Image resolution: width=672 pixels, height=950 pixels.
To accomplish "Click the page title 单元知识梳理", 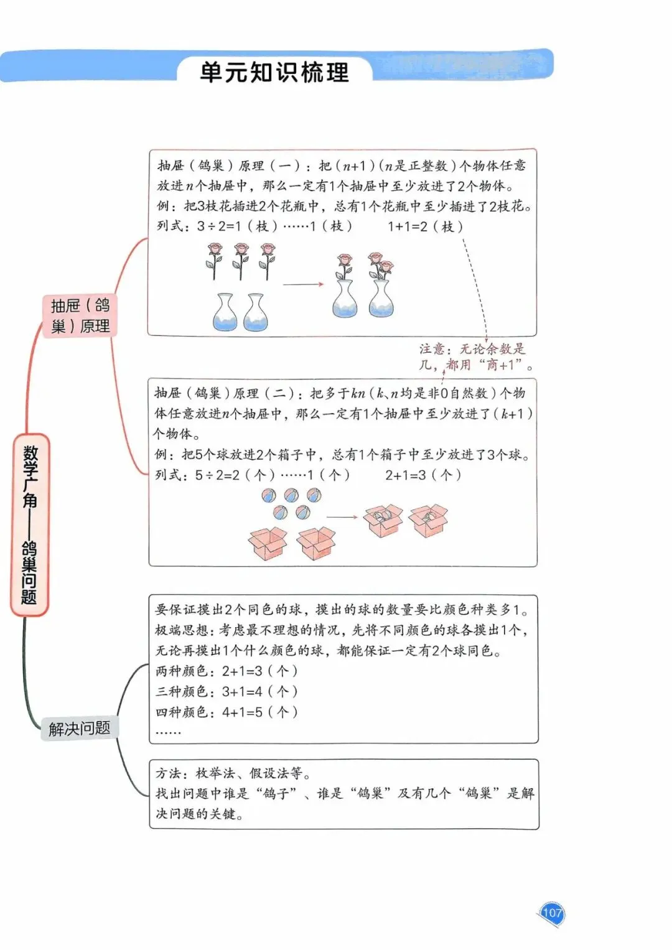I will pyautogui.click(x=274, y=72).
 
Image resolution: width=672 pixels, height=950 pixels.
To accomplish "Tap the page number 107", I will pyautogui.click(x=552, y=913).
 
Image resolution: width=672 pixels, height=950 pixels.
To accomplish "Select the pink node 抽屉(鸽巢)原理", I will pyautogui.click(x=80, y=315).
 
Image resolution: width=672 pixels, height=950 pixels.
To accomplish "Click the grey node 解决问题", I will pyautogui.click(x=79, y=728).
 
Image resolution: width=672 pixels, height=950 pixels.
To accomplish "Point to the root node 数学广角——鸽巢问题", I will pyautogui.click(x=29, y=524).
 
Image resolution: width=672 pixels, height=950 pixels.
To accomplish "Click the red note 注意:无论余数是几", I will pyautogui.click(x=475, y=356).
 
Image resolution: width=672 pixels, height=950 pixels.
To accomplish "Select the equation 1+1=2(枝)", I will pyautogui.click(x=425, y=226).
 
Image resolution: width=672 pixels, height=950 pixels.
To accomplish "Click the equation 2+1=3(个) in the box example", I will pyautogui.click(x=423, y=475).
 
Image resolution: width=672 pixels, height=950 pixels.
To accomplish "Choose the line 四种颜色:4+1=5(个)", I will pyautogui.click(x=226, y=712).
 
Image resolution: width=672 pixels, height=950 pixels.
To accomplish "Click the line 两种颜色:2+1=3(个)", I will pyautogui.click(x=226, y=671).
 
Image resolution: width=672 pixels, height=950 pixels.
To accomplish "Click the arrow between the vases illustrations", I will pyautogui.click(x=303, y=284).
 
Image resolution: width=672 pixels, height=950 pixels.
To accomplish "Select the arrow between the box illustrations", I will pyautogui.click(x=342, y=516).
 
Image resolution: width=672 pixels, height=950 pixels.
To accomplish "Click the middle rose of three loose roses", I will pyautogui.click(x=241, y=260).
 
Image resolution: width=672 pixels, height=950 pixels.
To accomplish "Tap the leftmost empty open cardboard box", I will pyautogui.click(x=268, y=543).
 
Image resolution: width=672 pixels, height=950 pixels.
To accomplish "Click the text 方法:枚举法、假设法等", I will pyautogui.click(x=233, y=773).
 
